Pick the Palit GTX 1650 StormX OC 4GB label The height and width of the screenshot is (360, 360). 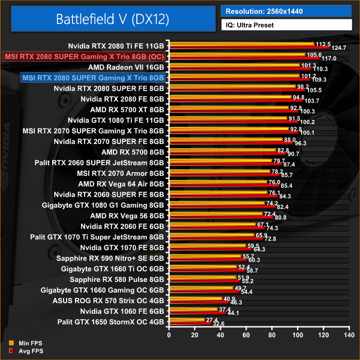pos(110,322)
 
